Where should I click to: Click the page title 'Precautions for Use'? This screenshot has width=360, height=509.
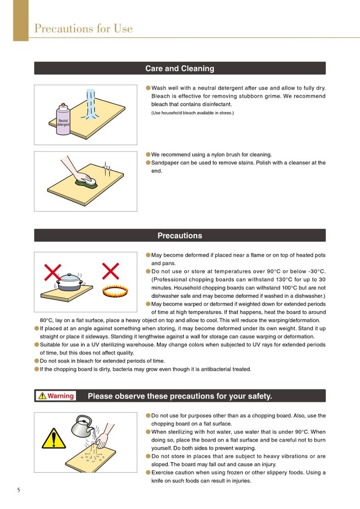pos(83,29)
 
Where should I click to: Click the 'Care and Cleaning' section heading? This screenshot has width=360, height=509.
pos(180,69)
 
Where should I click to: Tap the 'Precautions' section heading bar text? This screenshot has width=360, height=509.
pos(180,236)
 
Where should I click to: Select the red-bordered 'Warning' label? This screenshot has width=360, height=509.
pos(57,395)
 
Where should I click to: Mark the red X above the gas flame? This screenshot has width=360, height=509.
pos(110,270)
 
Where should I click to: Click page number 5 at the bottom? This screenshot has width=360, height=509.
pos(19,490)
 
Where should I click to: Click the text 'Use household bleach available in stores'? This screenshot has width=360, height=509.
pos(192,112)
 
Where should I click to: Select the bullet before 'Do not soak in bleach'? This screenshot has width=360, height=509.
pos(37,361)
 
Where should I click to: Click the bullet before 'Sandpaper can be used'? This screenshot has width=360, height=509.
pos(148,162)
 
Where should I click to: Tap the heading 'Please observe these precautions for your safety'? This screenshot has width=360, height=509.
pos(180,396)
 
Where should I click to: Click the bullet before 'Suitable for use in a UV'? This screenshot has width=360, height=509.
pos(37,345)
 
